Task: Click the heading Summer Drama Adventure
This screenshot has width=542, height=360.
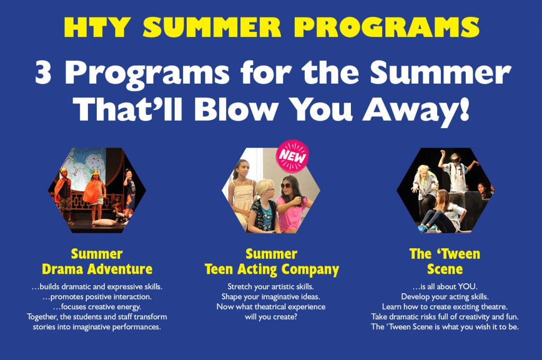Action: [97, 261]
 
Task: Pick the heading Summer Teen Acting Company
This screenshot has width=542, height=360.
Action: [272, 261]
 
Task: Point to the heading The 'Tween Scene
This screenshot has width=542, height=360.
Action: [445, 261]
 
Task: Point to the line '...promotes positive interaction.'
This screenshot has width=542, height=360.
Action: [97, 296]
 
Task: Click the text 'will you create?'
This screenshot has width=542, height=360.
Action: [271, 317]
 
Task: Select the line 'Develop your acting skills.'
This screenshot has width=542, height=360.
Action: [445, 296]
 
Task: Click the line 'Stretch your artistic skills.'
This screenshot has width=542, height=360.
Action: [271, 286]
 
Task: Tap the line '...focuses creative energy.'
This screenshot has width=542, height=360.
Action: [97, 307]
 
